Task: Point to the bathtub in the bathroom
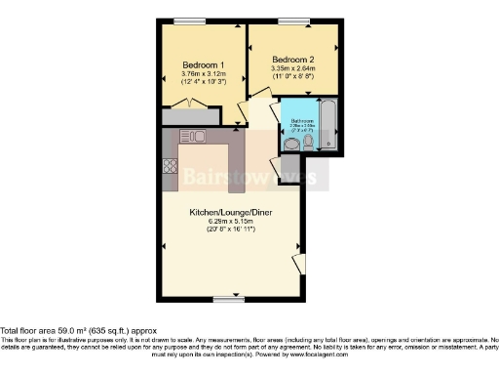327,126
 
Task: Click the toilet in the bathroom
307,145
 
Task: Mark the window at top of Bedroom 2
289,21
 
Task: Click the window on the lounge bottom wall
228,297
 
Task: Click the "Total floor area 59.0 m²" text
62,330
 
